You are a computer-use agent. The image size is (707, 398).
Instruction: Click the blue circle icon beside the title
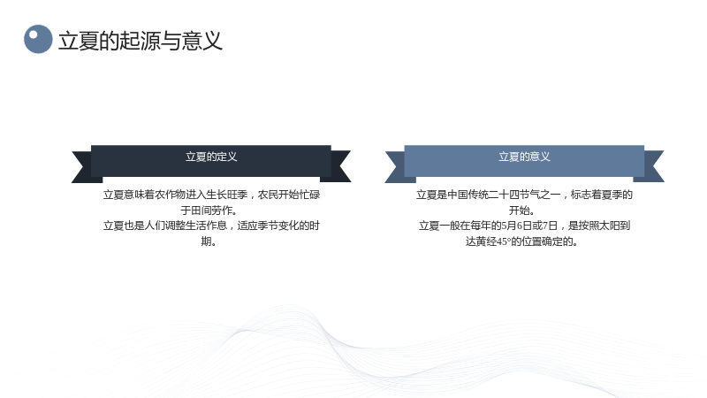38,39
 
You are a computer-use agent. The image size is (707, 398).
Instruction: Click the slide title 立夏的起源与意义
141,41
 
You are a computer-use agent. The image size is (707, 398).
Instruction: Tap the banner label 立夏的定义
211,157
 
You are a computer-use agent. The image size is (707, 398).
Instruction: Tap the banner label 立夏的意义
524,157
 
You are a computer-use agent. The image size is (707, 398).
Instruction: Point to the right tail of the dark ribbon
338,166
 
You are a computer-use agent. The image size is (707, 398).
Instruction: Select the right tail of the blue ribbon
651,166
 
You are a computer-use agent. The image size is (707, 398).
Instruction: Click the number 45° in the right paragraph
503,241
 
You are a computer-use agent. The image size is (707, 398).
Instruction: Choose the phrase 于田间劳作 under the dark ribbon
206,210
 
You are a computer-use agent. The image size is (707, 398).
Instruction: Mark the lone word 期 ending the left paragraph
206,241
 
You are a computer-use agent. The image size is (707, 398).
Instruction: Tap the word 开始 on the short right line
519,210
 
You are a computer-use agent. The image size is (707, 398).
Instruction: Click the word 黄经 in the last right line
486,241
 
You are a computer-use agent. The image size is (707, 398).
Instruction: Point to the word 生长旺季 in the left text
227,195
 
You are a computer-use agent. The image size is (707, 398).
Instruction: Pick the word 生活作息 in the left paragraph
207,226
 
